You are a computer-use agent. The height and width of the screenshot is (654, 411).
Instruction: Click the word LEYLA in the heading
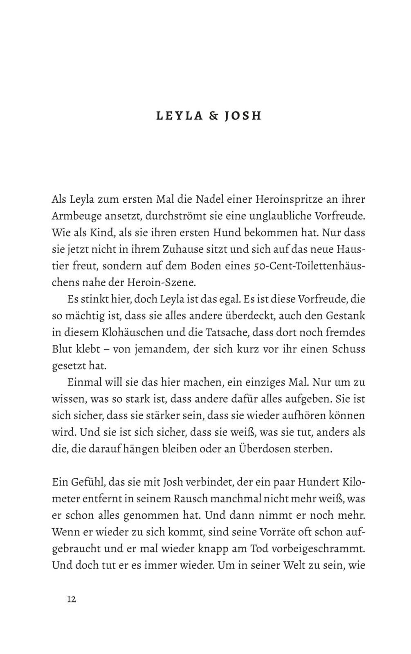click(x=180, y=116)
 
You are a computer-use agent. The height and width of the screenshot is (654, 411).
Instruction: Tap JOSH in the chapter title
click(x=242, y=116)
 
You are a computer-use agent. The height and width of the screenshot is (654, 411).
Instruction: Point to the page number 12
click(x=71, y=599)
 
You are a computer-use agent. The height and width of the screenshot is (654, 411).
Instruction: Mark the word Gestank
click(x=346, y=317)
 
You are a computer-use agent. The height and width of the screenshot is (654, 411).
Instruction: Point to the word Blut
click(x=62, y=350)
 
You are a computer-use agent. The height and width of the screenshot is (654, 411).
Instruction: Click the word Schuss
click(x=349, y=350)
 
